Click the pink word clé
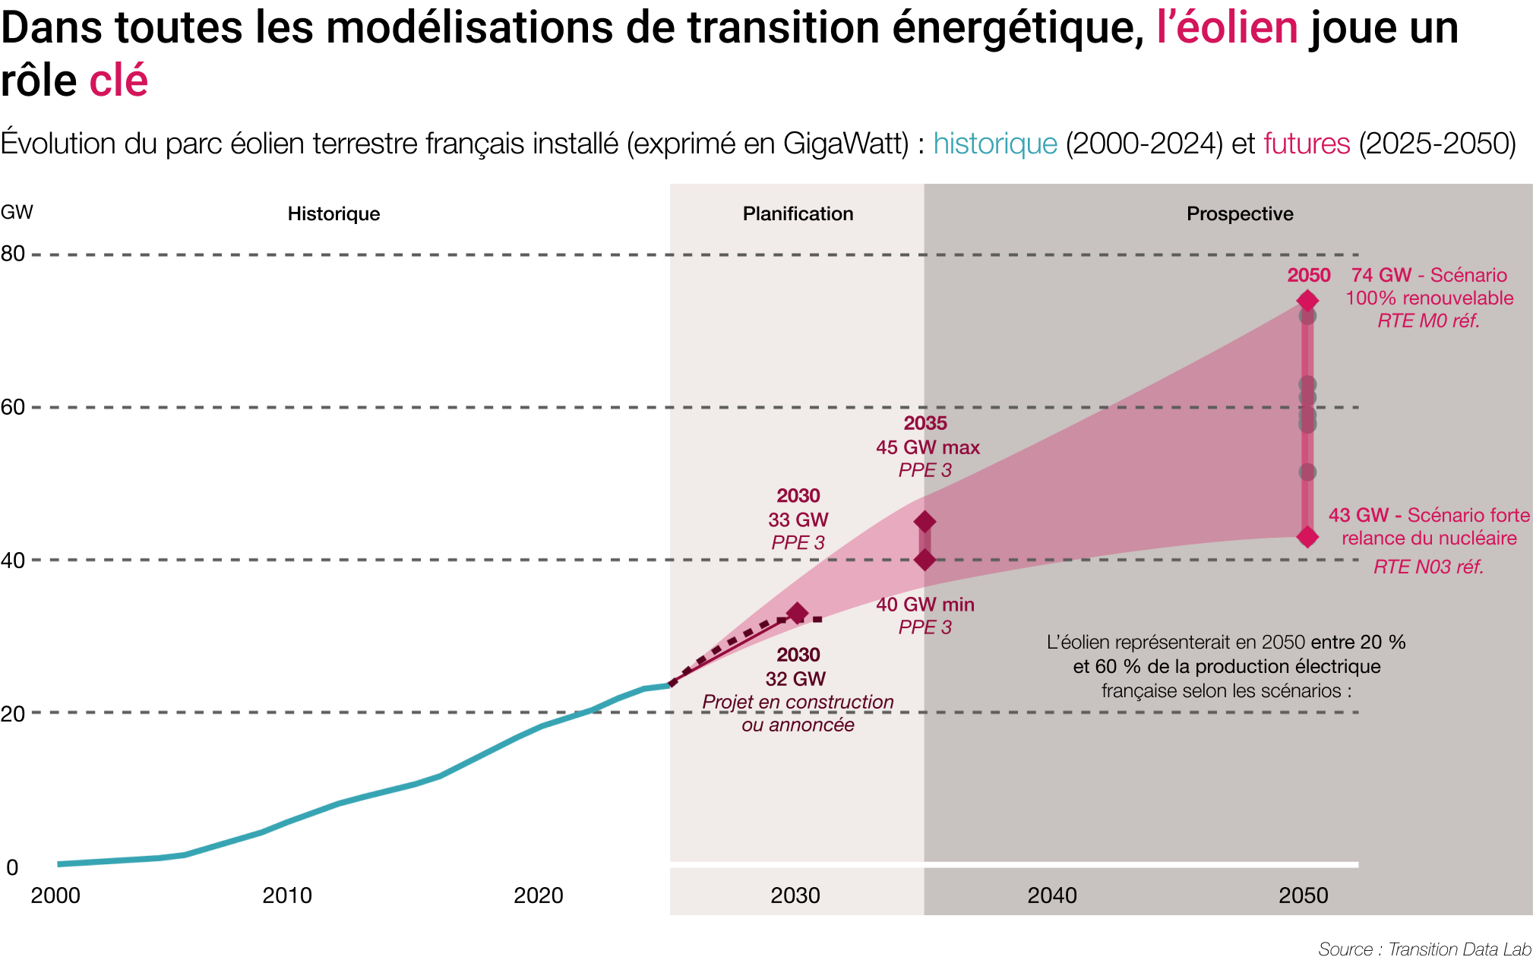coord(119,81)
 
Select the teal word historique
coord(995,144)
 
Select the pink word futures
coord(1306,144)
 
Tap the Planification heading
coord(798,213)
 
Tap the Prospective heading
coord(1240,213)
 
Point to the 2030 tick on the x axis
coord(795,895)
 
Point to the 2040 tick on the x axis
coord(1052,895)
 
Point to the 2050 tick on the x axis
coord(1304,895)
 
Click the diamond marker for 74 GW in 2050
coord(1307,301)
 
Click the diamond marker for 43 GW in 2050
coord(1307,537)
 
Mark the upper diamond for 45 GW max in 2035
coord(925,522)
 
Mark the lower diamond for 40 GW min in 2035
coord(925,560)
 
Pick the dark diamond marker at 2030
coord(797,613)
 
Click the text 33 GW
coord(798,519)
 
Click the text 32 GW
coord(795,678)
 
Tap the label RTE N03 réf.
coord(1428,567)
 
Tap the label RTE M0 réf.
coord(1428,321)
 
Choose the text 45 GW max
coord(928,447)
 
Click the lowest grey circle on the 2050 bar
coord(1307,472)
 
